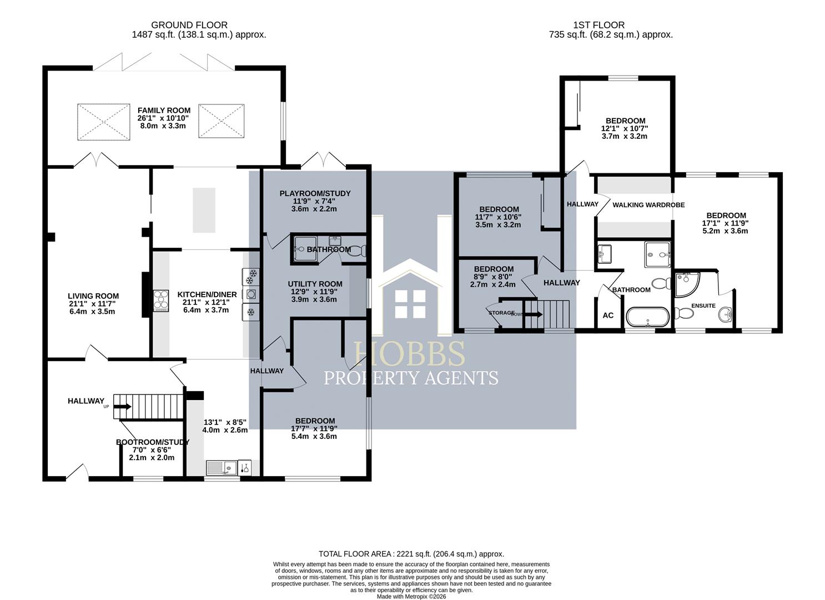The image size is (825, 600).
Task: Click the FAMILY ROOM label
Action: coord(164,111)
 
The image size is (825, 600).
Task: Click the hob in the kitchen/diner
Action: coord(160,299)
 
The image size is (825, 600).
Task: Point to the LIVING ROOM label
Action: coord(93,296)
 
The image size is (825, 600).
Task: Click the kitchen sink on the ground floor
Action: coord(222,468)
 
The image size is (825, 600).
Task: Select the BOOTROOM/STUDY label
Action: coord(153,442)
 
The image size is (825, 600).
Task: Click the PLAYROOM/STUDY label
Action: coord(315,193)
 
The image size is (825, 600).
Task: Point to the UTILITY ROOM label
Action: coord(315,284)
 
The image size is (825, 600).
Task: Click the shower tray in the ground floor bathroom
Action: coord(304,248)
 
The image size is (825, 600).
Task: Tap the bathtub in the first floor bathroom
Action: coord(647,317)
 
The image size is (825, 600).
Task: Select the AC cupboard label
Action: coord(608,316)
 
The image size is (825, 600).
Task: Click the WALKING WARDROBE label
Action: coord(648,205)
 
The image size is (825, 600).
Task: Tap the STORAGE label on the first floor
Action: coord(501,313)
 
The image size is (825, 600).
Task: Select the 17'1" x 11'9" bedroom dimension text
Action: coord(726,223)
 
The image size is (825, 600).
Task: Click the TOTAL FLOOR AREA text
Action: coord(411,554)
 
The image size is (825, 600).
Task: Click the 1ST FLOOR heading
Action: coord(598,25)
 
